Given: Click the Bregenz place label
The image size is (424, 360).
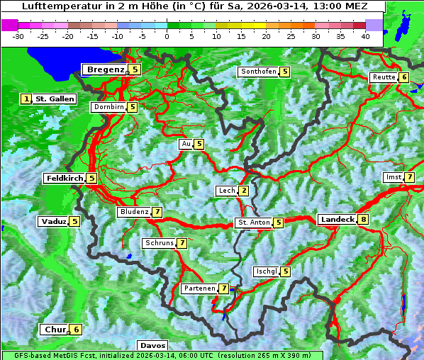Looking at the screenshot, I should click(105, 69).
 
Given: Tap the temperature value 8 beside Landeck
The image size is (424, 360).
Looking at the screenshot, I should click(364, 220).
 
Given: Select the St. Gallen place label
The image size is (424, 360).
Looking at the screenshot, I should click(55, 99).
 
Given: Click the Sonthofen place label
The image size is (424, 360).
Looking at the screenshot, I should click(258, 72).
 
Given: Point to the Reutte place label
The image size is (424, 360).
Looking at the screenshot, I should click(384, 77).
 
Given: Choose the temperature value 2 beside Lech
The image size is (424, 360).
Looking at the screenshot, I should click(243, 191).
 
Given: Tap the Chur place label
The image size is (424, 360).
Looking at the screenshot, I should click(55, 330).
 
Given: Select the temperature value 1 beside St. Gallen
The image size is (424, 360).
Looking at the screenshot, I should click(27, 99).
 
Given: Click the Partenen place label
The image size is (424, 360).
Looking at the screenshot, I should click(199, 288).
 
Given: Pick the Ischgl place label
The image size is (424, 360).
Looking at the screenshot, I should click(266, 271).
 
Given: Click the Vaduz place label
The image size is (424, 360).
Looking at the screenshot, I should click(53, 221).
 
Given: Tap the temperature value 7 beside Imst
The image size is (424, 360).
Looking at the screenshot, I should click(410, 176).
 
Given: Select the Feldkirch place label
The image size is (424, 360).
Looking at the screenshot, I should click(65, 179).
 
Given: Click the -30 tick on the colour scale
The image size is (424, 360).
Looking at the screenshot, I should click(18, 35).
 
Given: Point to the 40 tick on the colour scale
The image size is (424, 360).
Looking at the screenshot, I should click(365, 35).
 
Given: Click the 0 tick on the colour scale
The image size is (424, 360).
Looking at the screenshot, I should click(167, 35).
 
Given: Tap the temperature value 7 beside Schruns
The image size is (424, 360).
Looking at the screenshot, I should click(182, 243).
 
